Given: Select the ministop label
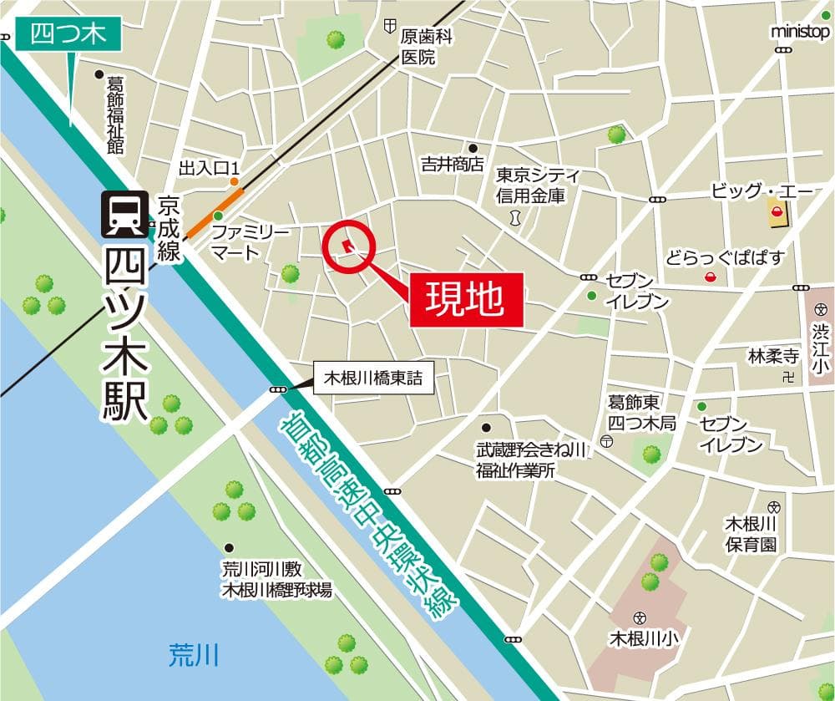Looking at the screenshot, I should [x=800, y=32].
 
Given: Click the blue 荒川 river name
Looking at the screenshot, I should [x=193, y=654].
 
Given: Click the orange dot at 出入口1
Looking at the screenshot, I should [x=235, y=180].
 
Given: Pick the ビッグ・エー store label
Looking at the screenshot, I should [x=762, y=191].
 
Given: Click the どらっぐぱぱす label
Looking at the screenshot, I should [x=726, y=257].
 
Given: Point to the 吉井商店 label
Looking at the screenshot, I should [x=453, y=165].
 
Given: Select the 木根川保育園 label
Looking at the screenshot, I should [x=751, y=534].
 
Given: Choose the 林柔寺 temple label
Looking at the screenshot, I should [x=774, y=357].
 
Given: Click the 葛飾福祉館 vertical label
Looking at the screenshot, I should [x=114, y=116].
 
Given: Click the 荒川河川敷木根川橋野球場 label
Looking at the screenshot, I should [x=276, y=580].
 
